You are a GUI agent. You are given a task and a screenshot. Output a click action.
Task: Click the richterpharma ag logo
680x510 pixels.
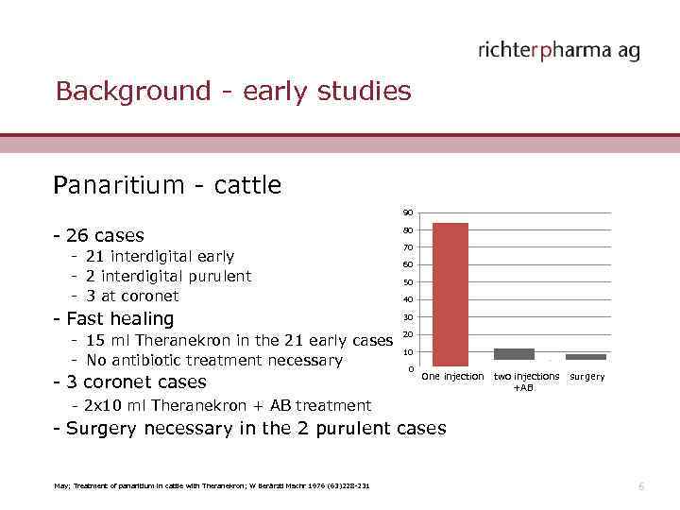(559, 50)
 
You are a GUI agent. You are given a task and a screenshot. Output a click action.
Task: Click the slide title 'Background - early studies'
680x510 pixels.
(233, 92)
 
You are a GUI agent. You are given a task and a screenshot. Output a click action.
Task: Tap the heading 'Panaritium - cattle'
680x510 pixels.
(167, 185)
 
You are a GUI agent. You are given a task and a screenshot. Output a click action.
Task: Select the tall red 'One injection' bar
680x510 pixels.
(450, 294)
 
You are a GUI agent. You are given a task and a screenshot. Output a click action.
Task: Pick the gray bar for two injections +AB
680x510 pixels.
(514, 354)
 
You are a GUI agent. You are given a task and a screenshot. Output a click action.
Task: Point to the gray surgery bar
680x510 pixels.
(586, 357)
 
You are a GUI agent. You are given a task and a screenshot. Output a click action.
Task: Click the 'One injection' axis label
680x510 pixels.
(451, 377)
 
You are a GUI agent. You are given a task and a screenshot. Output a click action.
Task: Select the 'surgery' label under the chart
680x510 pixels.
(587, 377)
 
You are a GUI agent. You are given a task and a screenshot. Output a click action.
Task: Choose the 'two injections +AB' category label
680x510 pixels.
(526, 382)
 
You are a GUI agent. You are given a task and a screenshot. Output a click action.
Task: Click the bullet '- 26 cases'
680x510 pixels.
(99, 235)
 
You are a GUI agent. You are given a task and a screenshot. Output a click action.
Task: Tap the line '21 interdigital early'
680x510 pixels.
(159, 257)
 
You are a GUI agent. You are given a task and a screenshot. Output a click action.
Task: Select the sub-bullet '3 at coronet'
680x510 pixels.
(131, 296)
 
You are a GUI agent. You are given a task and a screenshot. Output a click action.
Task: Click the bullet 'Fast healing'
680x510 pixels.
(114, 319)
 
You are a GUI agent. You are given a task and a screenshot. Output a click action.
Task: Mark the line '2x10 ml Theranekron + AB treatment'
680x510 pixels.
(227, 405)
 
